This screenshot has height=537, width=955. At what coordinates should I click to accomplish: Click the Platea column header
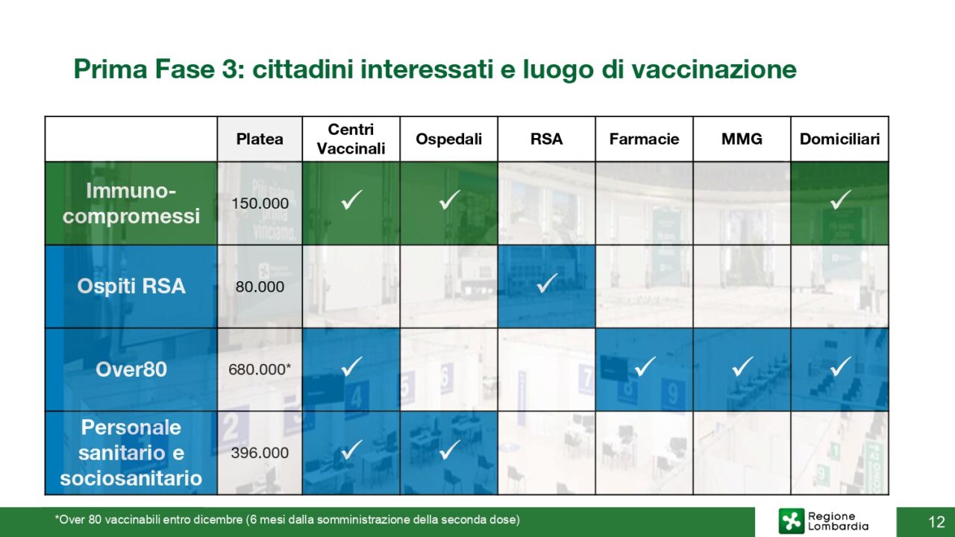[x=260, y=139]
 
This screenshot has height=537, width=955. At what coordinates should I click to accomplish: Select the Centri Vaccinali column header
[x=351, y=139]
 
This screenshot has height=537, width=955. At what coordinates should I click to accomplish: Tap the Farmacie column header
[x=644, y=139]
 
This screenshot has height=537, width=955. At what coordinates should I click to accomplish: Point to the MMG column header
[x=742, y=139]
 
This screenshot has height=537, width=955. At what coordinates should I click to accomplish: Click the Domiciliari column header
[x=840, y=139]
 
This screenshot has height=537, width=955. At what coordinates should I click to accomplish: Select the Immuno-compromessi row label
[x=131, y=203]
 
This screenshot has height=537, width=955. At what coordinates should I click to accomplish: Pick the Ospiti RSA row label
[x=131, y=286]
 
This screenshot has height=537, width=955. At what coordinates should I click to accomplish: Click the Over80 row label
[x=131, y=369]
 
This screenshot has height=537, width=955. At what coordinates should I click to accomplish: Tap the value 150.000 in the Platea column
[x=260, y=204]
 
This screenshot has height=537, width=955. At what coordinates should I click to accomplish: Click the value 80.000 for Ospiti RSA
[x=260, y=287]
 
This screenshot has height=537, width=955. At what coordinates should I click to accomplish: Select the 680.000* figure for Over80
[x=260, y=369]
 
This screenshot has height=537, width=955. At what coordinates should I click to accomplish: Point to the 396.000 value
[x=260, y=453]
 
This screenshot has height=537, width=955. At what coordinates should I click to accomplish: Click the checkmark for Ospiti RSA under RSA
[x=547, y=283]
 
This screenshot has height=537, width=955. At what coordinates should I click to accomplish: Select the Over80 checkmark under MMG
[x=742, y=366]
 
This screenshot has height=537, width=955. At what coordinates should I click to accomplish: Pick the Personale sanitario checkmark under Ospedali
[x=450, y=449]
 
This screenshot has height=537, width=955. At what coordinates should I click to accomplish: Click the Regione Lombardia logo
[x=823, y=521]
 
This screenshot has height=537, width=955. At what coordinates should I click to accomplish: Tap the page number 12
[x=936, y=521]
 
